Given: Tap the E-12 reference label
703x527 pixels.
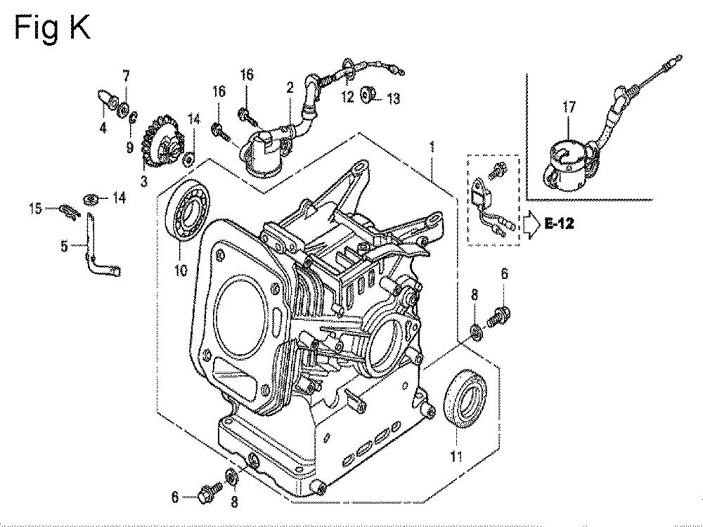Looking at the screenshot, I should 557,224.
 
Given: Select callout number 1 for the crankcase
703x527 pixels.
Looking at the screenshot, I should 432,148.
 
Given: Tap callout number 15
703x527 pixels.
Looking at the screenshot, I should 35,207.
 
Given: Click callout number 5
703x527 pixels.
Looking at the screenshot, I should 65,246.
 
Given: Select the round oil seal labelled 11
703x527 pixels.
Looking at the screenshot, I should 464,400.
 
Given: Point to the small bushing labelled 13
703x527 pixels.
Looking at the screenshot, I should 366,94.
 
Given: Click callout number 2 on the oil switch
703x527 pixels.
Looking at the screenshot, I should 289,87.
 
